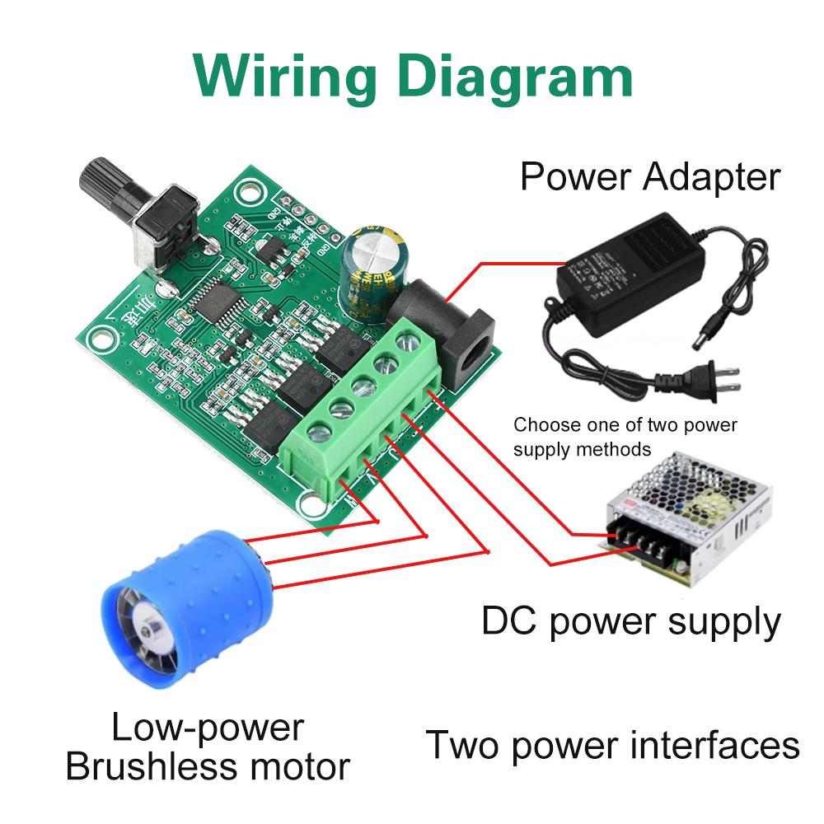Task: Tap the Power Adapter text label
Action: (649, 176)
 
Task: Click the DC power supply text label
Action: (630, 622)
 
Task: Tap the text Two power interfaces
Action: (612, 745)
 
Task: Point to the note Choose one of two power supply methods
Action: (625, 438)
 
